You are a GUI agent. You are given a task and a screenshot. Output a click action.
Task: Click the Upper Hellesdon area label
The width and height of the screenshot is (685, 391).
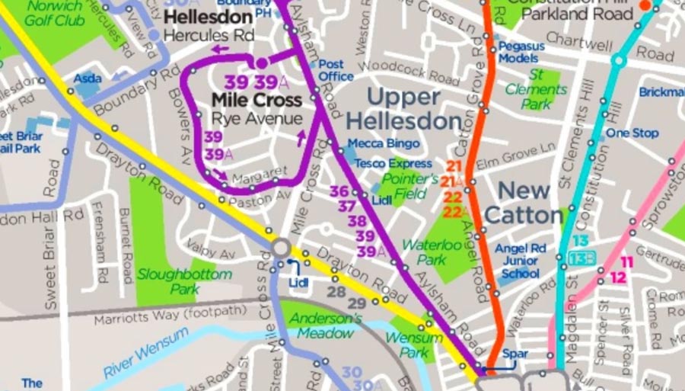coord(403,109)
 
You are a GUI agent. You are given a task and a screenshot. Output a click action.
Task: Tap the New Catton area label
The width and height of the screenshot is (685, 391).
coord(524,202)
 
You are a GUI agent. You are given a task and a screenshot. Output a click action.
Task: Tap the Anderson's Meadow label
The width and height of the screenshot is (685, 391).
coord(327,325)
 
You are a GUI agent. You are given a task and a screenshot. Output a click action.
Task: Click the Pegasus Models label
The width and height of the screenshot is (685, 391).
coord(522,52)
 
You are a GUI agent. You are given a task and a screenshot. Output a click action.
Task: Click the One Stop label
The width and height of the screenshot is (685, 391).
coord(632,133)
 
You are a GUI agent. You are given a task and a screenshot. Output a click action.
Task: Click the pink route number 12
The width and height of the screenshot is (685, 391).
coord(618,278)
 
